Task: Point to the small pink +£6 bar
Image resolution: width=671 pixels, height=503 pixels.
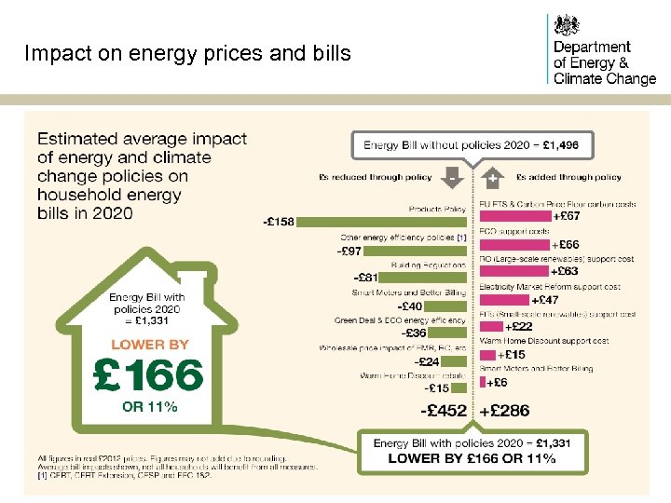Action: pyautogui.click(x=482, y=382)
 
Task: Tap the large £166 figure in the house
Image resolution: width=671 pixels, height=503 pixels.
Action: pyautogui.click(x=148, y=375)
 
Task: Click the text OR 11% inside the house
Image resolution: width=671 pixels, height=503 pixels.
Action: pyautogui.click(x=150, y=406)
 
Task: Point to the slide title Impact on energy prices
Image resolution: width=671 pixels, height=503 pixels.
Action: pyautogui.click(x=187, y=53)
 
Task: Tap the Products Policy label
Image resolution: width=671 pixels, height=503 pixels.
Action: pyautogui.click(x=437, y=209)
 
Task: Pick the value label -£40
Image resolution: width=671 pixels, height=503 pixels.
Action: pyautogui.click(x=409, y=306)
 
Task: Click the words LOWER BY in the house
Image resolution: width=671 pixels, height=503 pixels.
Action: pyautogui.click(x=150, y=344)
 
